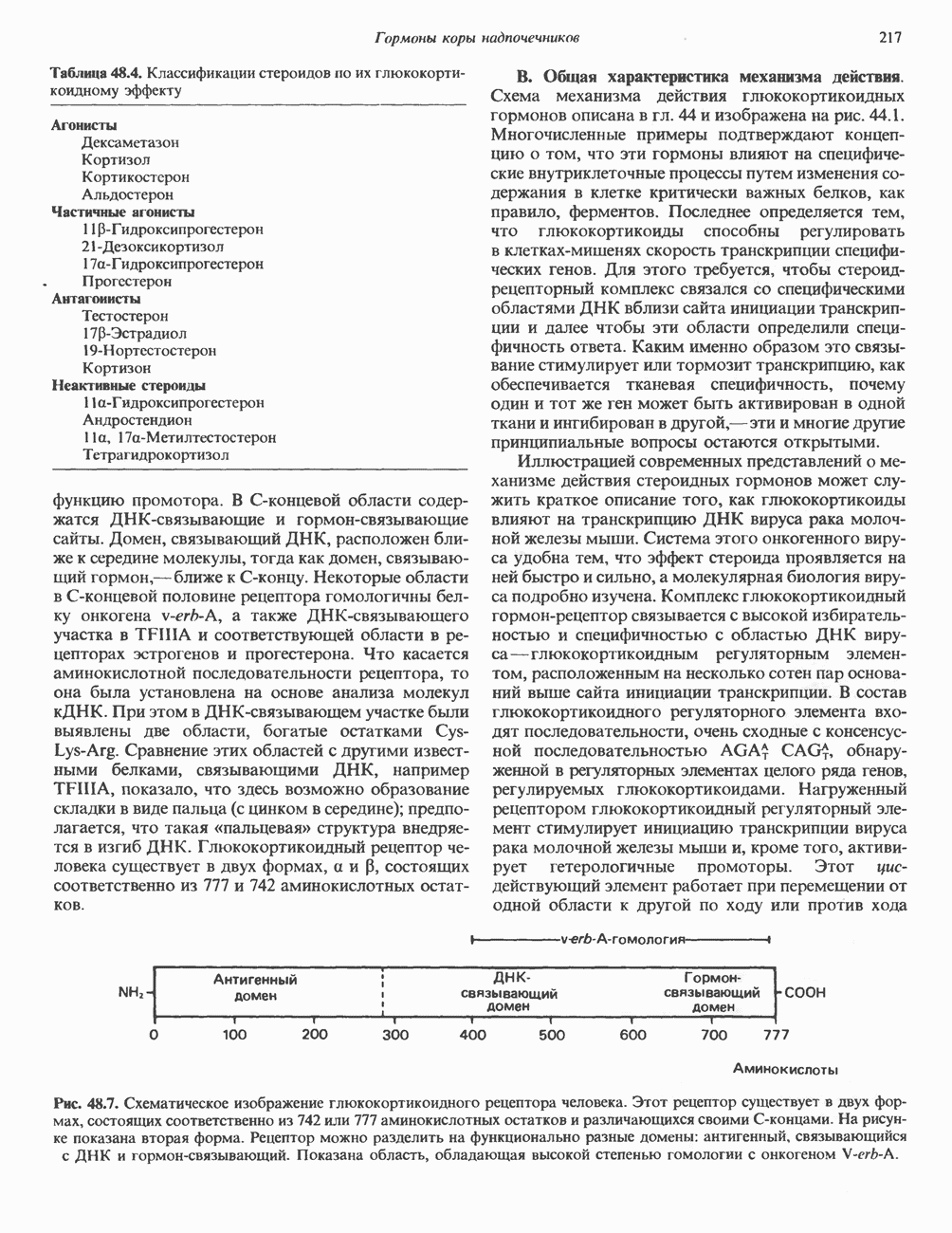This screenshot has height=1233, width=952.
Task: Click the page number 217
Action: click(x=889, y=38)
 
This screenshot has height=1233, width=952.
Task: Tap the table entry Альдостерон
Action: click(x=127, y=194)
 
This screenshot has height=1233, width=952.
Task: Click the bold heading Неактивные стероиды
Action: click(x=128, y=385)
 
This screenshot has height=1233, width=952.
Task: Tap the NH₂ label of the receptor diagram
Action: click(x=129, y=992)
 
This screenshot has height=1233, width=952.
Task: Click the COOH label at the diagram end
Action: click(x=805, y=993)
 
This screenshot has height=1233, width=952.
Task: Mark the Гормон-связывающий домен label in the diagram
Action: click(x=712, y=992)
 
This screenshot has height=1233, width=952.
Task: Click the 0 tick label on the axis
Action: click(x=154, y=1035)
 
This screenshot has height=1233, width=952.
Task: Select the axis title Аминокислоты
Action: click(x=785, y=1069)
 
